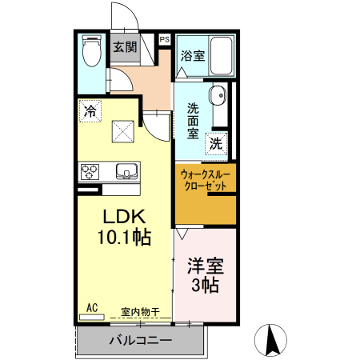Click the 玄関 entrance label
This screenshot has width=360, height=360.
click(124, 47)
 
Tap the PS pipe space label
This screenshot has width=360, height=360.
click(165, 39)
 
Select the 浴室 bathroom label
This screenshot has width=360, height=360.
click(192, 56)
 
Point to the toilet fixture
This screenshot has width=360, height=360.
click(91, 53)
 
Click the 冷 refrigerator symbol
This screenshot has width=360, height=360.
click(91, 111)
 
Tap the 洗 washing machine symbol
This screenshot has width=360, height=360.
click(216, 144)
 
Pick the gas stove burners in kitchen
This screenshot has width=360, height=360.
click(90, 170)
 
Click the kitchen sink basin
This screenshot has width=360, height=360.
click(127, 170)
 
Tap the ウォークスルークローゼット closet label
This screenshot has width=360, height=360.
click(206, 179)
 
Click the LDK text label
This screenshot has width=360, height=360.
click(124, 216)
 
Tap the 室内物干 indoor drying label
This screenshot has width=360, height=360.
click(141, 311)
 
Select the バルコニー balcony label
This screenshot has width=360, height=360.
click(140, 341)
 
